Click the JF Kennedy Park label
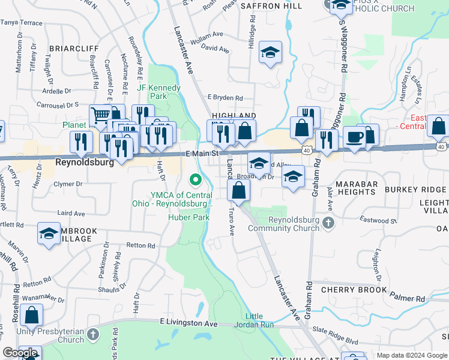click(x=158, y=92)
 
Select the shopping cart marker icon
click(x=99, y=115)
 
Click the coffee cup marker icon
click(x=354, y=136)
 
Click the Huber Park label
click(x=189, y=218)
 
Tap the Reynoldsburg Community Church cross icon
click(x=328, y=224)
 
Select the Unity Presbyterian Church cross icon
click(x=92, y=334)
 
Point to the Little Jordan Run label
click(x=259, y=320)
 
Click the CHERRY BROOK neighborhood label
click(x=354, y=290)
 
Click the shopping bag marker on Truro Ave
click(x=239, y=191)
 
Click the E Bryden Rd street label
click(x=225, y=98)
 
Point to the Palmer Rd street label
click(x=408, y=298)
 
